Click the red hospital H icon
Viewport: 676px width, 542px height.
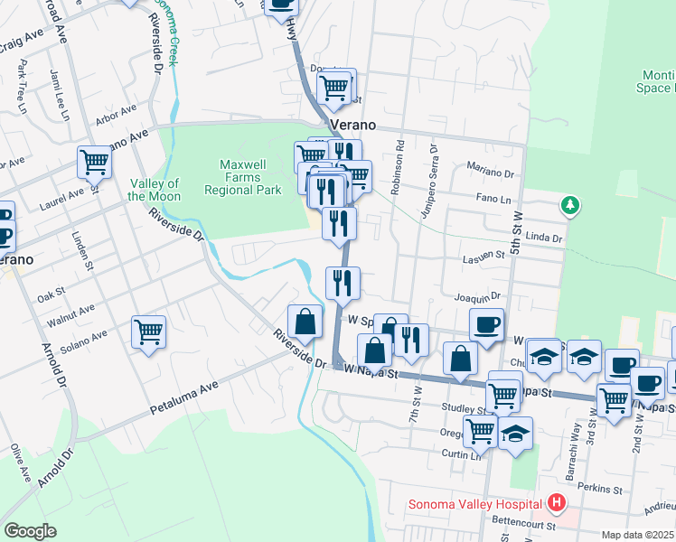557,503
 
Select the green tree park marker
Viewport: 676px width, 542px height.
569,205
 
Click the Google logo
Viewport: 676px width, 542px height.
30,530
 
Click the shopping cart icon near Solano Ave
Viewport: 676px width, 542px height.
148,331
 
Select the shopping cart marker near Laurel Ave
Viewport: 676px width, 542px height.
94,163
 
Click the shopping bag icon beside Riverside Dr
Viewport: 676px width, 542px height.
305,321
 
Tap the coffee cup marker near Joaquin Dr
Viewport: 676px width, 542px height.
486,325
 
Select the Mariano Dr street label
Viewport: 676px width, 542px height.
489,168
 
